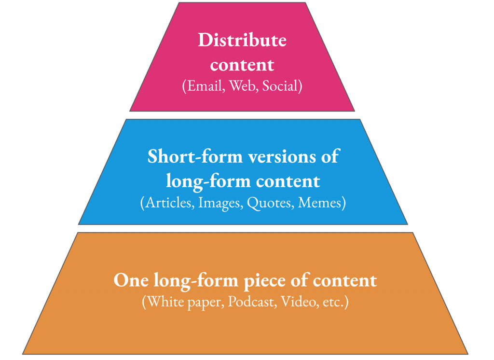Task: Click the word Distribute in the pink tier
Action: point(242,40)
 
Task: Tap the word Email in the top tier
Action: point(206,86)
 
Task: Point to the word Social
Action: point(279,86)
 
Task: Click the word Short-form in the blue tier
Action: point(195,156)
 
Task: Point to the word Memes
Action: point(319,202)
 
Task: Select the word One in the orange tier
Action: point(131,280)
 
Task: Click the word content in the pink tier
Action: point(242,65)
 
